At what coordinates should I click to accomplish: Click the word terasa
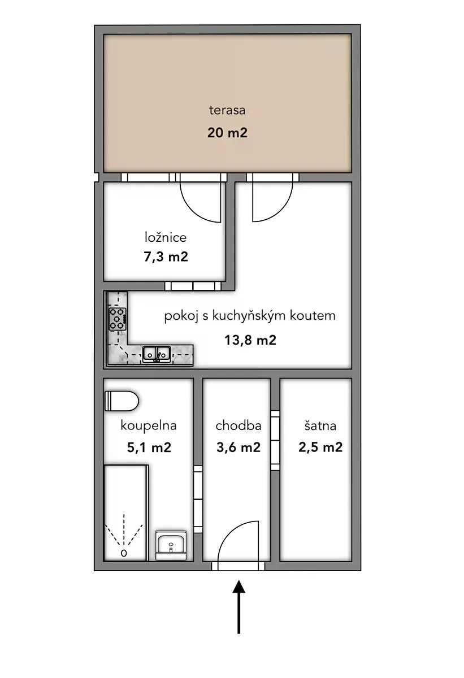(x=227, y=110)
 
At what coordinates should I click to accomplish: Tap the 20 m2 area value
(x=227, y=133)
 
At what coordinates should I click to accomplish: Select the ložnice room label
(x=165, y=237)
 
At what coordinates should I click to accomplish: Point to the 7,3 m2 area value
(x=166, y=257)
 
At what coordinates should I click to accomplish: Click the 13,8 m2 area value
(x=250, y=340)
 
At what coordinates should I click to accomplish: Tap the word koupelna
(x=148, y=426)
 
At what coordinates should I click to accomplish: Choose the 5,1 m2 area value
(x=149, y=447)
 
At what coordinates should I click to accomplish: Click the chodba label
(x=238, y=425)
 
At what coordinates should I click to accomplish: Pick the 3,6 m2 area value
(x=238, y=447)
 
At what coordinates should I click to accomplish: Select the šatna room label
(x=320, y=426)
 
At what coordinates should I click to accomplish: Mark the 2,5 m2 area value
(x=320, y=447)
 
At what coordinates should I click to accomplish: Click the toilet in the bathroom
(x=122, y=401)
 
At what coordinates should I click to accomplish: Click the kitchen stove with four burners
(x=118, y=319)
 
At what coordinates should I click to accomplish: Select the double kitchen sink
(x=157, y=354)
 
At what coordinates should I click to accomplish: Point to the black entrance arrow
(x=239, y=607)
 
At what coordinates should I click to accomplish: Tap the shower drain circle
(x=124, y=553)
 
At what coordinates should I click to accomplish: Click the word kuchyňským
(x=249, y=316)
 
